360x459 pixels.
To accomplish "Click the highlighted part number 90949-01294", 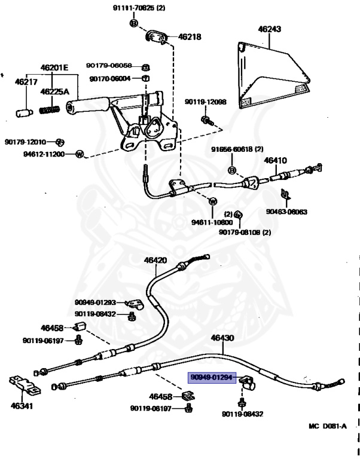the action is click(212, 377).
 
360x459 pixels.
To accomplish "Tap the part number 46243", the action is click(269, 29).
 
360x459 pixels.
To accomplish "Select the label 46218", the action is click(190, 37).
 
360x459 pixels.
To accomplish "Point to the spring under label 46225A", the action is click(50, 110).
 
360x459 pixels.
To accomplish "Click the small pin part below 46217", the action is click(24, 113).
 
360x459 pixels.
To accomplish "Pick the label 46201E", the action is click(54, 68).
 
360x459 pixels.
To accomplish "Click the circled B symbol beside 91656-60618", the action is click(231, 170).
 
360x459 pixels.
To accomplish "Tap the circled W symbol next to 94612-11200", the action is click(80, 154).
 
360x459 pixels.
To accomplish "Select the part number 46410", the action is click(275, 160).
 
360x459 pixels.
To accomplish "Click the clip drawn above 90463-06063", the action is click(285, 194).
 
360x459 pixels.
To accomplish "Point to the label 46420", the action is click(155, 260).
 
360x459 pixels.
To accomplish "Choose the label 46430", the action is click(222, 338).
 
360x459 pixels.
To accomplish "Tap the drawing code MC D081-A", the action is click(328, 426).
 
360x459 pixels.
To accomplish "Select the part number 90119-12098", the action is click(205, 102).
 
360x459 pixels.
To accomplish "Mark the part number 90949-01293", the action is click(96, 302).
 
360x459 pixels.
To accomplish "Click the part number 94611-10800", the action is click(212, 222).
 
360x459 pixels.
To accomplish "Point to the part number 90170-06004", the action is click(110, 79).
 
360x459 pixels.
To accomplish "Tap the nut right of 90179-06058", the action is click(145, 68).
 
